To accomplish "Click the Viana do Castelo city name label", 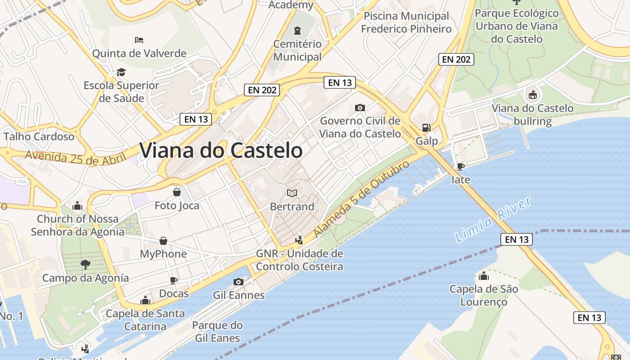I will tap(221, 150).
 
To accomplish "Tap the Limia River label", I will tap(493, 220).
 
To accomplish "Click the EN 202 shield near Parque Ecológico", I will tap(456, 59).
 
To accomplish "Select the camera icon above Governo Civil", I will tap(360, 108).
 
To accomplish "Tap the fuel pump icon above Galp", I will tap(426, 128).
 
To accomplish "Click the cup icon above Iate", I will tap(460, 166).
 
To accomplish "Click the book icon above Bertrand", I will tap(292, 193).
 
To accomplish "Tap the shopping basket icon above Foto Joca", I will tap(177, 192).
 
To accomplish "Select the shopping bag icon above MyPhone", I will tap(163, 241).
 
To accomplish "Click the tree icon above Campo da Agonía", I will tap(85, 264).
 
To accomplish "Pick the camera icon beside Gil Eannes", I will tap(238, 282).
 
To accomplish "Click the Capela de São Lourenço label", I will tap(484, 295).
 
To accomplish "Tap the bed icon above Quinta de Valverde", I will tap(139, 40).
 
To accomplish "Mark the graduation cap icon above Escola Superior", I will tap(121, 72).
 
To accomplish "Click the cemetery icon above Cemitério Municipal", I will tap(297, 31).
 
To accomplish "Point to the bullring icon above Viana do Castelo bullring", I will tap(533, 94).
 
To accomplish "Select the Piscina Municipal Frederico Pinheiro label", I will tap(406, 22).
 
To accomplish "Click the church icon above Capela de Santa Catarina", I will tap(145, 300).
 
